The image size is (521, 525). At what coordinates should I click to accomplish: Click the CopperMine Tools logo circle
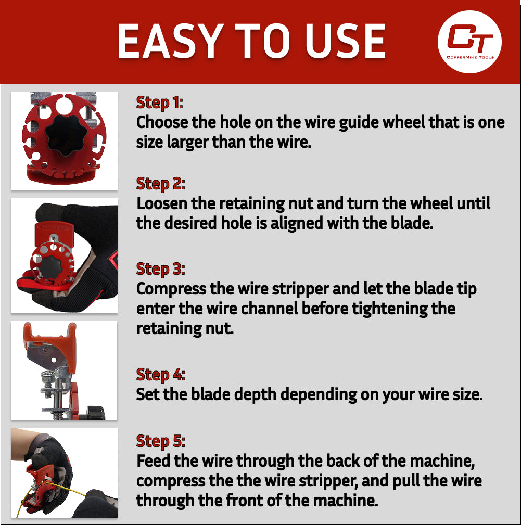click(x=469, y=42)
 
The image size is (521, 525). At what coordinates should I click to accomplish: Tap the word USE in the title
click(x=345, y=42)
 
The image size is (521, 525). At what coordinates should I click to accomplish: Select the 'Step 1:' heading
click(x=160, y=103)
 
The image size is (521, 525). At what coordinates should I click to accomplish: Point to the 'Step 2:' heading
click(x=160, y=184)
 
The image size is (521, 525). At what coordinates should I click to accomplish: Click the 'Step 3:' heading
click(x=160, y=269)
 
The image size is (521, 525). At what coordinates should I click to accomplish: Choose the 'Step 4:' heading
click(x=160, y=375)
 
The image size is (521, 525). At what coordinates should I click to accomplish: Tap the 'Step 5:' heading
click(x=160, y=441)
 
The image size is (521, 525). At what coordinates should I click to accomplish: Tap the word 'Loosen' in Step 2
click(x=161, y=203)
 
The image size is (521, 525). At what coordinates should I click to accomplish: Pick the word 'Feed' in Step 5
click(x=154, y=461)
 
